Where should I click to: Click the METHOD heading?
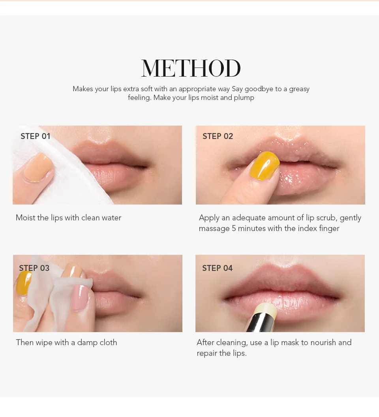(191, 68)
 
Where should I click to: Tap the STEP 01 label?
(36, 136)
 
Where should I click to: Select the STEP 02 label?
(218, 136)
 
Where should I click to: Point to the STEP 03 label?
(34, 268)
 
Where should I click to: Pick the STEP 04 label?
(217, 268)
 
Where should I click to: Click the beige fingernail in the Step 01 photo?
(38, 167)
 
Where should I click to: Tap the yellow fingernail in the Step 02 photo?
(265, 165)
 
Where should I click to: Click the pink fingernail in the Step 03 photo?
(80, 298)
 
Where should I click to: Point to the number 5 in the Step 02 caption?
(233, 229)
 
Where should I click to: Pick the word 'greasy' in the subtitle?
(299, 89)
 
